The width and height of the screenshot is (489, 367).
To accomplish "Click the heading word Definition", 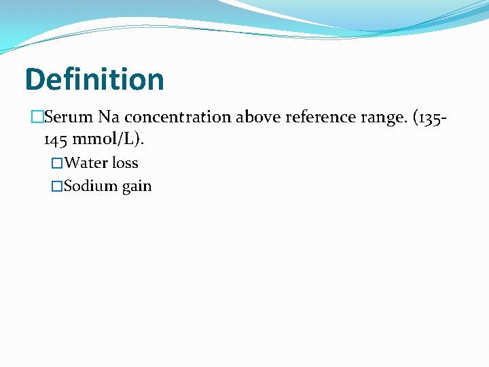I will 94,80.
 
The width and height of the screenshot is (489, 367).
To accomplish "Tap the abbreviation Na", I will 109,117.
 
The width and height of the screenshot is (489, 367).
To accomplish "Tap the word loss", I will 125,163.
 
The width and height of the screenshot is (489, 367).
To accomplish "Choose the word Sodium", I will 91,186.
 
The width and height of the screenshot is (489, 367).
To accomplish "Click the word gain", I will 137,187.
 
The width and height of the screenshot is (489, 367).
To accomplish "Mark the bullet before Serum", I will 37,117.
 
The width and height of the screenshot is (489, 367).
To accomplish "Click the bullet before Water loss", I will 57,163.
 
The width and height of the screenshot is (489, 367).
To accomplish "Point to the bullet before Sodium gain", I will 57,186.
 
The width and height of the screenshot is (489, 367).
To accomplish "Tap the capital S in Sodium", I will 68,186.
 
